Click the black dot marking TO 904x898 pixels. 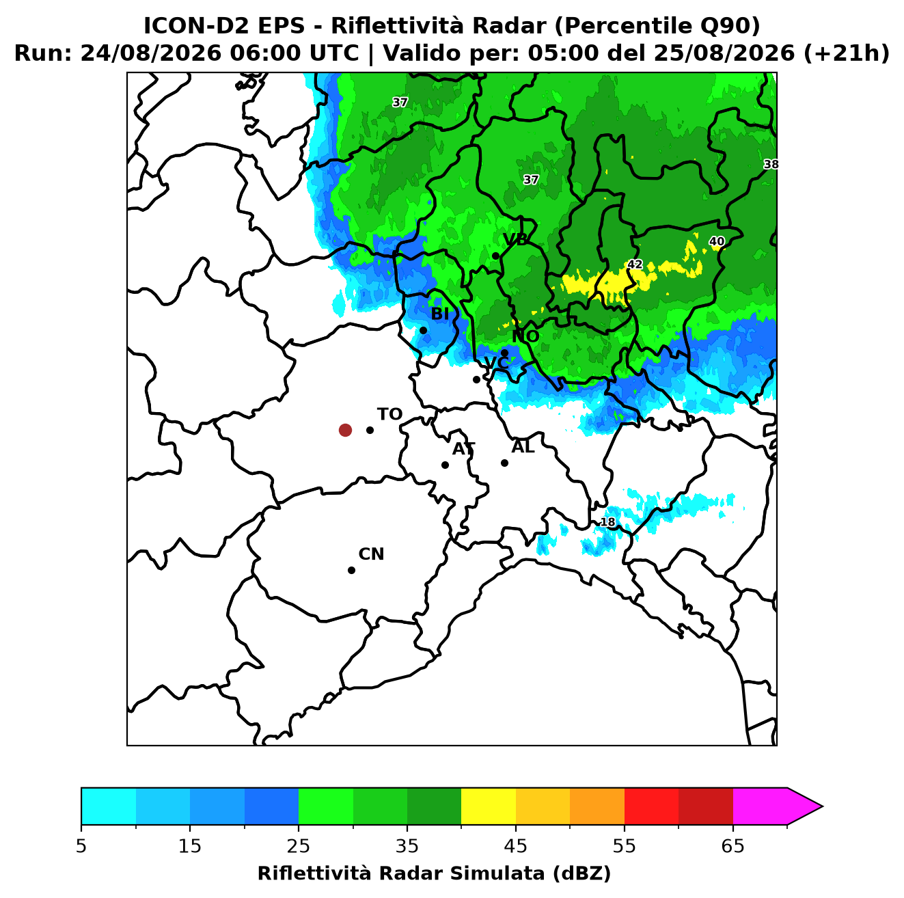click(370, 430)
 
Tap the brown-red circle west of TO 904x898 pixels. click(345, 430)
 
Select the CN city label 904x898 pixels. click(371, 554)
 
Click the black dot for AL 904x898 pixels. click(504, 463)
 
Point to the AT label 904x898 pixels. click(463, 449)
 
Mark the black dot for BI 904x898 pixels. click(423, 331)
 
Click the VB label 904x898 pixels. click(515, 240)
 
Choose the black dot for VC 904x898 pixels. click(477, 379)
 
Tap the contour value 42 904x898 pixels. click(635, 264)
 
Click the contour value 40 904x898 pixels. click(716, 241)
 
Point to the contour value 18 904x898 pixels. click(607, 522)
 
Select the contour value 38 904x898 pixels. click(771, 164)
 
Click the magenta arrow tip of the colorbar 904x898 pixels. click(822, 806)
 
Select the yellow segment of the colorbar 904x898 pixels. click(489, 806)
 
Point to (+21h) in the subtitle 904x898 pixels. click(847, 53)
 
